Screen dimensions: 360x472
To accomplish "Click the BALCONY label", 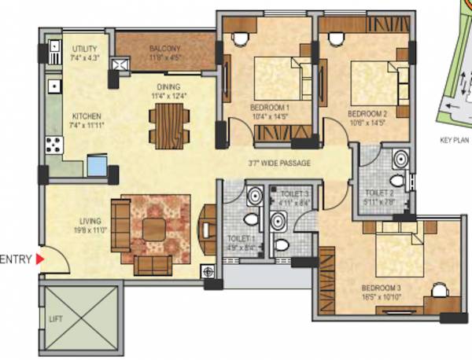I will coord(165,48).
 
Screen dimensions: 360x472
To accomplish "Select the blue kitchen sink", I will coord(97,166).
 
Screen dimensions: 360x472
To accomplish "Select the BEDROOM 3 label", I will coord(381,287).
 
